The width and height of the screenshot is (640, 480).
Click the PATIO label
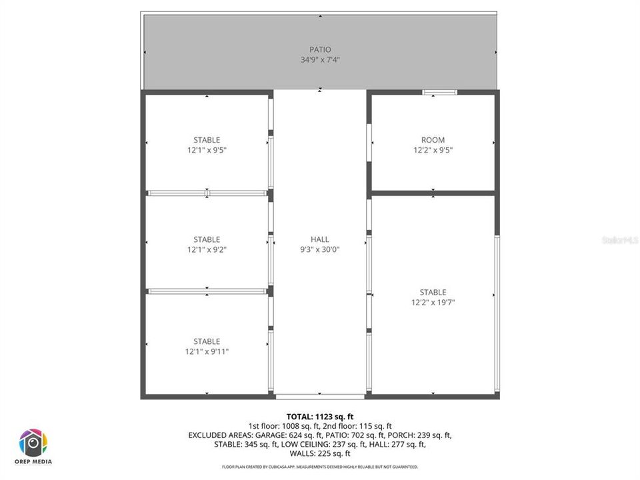[320, 49]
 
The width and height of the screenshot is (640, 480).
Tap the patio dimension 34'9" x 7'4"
[320, 59]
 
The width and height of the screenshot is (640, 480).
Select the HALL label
[320, 239]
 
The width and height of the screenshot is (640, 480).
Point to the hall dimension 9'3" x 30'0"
[320, 249]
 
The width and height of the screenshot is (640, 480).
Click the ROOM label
[433, 140]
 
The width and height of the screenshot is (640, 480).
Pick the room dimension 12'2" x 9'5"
[433, 150]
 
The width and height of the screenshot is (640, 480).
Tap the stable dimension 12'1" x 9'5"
[207, 150]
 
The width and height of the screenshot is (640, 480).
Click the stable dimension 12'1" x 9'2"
[207, 249]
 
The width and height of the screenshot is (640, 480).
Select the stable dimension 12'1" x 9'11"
[207, 351]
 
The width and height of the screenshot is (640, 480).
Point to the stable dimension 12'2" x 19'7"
[433, 302]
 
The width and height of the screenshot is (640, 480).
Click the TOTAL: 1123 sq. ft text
[320, 417]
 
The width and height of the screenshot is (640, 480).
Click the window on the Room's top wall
[440, 92]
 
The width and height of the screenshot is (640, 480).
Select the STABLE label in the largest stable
[433, 292]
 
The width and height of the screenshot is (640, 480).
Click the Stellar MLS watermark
[619, 239]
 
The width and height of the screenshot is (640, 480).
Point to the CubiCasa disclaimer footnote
[320, 467]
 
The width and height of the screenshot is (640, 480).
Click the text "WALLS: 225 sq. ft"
[320, 453]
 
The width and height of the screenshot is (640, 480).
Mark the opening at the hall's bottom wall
[320, 397]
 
